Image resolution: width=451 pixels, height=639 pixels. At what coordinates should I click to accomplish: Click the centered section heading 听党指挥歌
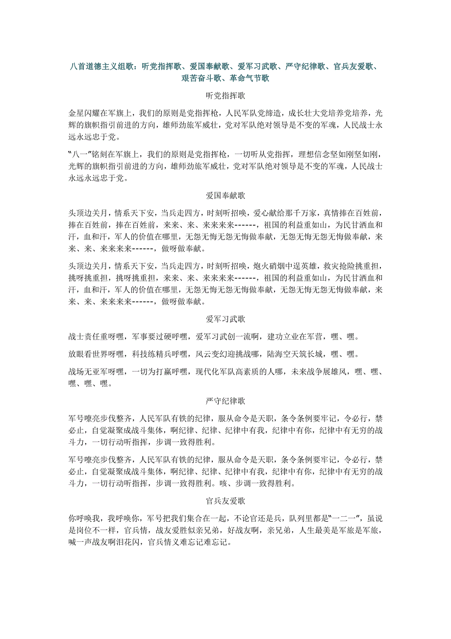pyautogui.click(x=225, y=95)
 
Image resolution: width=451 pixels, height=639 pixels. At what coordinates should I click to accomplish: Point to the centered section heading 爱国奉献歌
pyautogui.click(x=225, y=196)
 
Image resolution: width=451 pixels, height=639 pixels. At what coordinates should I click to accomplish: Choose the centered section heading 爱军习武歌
pyautogui.click(x=225, y=319)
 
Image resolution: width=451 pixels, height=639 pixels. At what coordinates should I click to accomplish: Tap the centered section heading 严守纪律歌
pyautogui.click(x=225, y=401)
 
